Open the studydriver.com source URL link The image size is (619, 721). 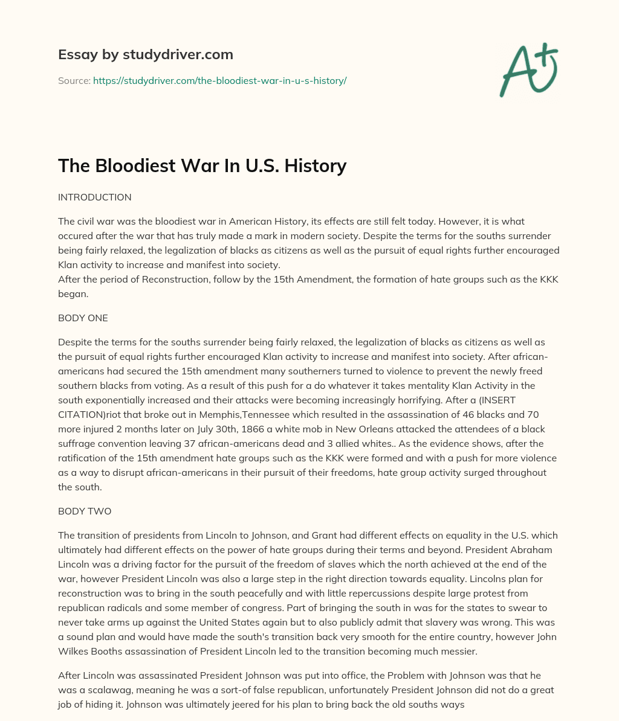coord(219,80)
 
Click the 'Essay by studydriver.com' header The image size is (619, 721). coord(145,54)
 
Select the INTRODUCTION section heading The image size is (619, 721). coord(94,197)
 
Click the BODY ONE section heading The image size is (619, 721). coord(83,318)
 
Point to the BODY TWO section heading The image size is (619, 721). coord(85,511)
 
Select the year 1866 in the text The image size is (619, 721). coord(254,429)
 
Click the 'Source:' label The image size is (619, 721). coord(74,80)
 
